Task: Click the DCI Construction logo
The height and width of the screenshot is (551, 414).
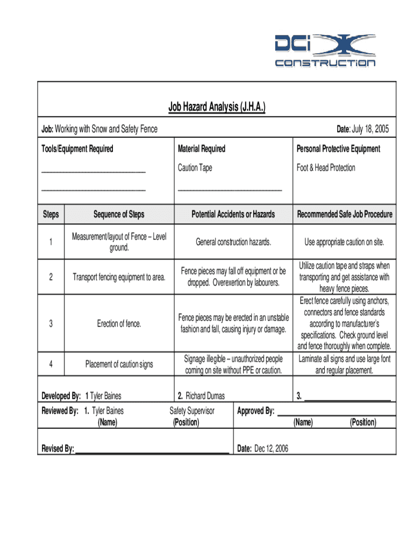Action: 325,51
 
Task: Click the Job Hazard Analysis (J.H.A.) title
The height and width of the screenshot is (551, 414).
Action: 217,108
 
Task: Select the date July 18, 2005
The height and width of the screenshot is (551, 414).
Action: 370,130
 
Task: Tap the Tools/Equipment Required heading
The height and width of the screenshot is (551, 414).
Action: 77,149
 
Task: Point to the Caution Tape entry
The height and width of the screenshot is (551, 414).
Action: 195,168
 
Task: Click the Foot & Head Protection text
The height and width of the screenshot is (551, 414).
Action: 326,168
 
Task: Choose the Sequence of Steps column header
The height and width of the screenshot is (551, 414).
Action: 119,214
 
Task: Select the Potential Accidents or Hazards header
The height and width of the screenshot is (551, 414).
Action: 233,214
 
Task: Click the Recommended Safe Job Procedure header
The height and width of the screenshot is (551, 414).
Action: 345,214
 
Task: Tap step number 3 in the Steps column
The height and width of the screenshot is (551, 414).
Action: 51,324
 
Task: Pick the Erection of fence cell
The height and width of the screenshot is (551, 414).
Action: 119,324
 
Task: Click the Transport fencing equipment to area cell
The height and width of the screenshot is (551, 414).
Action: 119,277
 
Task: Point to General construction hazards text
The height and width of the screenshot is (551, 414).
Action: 233,242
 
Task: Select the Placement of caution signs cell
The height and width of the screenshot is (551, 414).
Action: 119,364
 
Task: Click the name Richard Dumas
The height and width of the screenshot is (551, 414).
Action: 205,396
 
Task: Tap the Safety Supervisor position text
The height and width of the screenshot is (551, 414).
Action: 192,411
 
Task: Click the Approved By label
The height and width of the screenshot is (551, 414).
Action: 255,411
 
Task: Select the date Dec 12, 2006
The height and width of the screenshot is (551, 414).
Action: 272,449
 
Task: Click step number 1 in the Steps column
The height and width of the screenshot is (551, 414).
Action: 51,242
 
